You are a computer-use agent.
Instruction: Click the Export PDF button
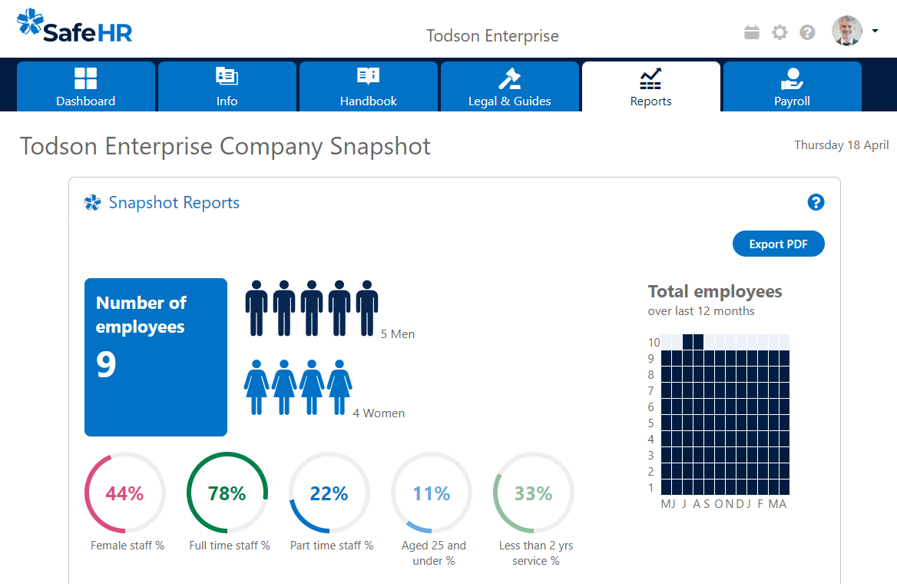[778, 244]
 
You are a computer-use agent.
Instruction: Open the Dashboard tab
[86, 87]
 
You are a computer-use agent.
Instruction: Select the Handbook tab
[369, 87]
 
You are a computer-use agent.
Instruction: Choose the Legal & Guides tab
[510, 87]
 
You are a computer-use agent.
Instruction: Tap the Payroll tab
[792, 87]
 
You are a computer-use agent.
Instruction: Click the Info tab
[227, 87]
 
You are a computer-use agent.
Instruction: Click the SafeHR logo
[74, 27]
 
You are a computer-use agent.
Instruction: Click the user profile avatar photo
[846, 32]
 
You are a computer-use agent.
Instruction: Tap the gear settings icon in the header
[779, 32]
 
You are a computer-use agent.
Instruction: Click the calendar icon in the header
[752, 32]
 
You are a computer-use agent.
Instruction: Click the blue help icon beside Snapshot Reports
[816, 202]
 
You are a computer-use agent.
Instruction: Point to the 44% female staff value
[124, 493]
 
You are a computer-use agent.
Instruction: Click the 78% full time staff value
[227, 493]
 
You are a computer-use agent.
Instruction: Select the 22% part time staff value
[329, 493]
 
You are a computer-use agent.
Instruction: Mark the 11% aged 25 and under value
[432, 493]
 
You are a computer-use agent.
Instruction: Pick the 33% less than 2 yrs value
[533, 493]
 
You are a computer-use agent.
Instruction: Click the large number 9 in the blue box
[107, 365]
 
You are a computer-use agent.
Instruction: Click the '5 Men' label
[398, 334]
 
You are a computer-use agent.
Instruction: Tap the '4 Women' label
[379, 413]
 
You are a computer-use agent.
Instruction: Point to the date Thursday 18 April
[841, 145]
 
